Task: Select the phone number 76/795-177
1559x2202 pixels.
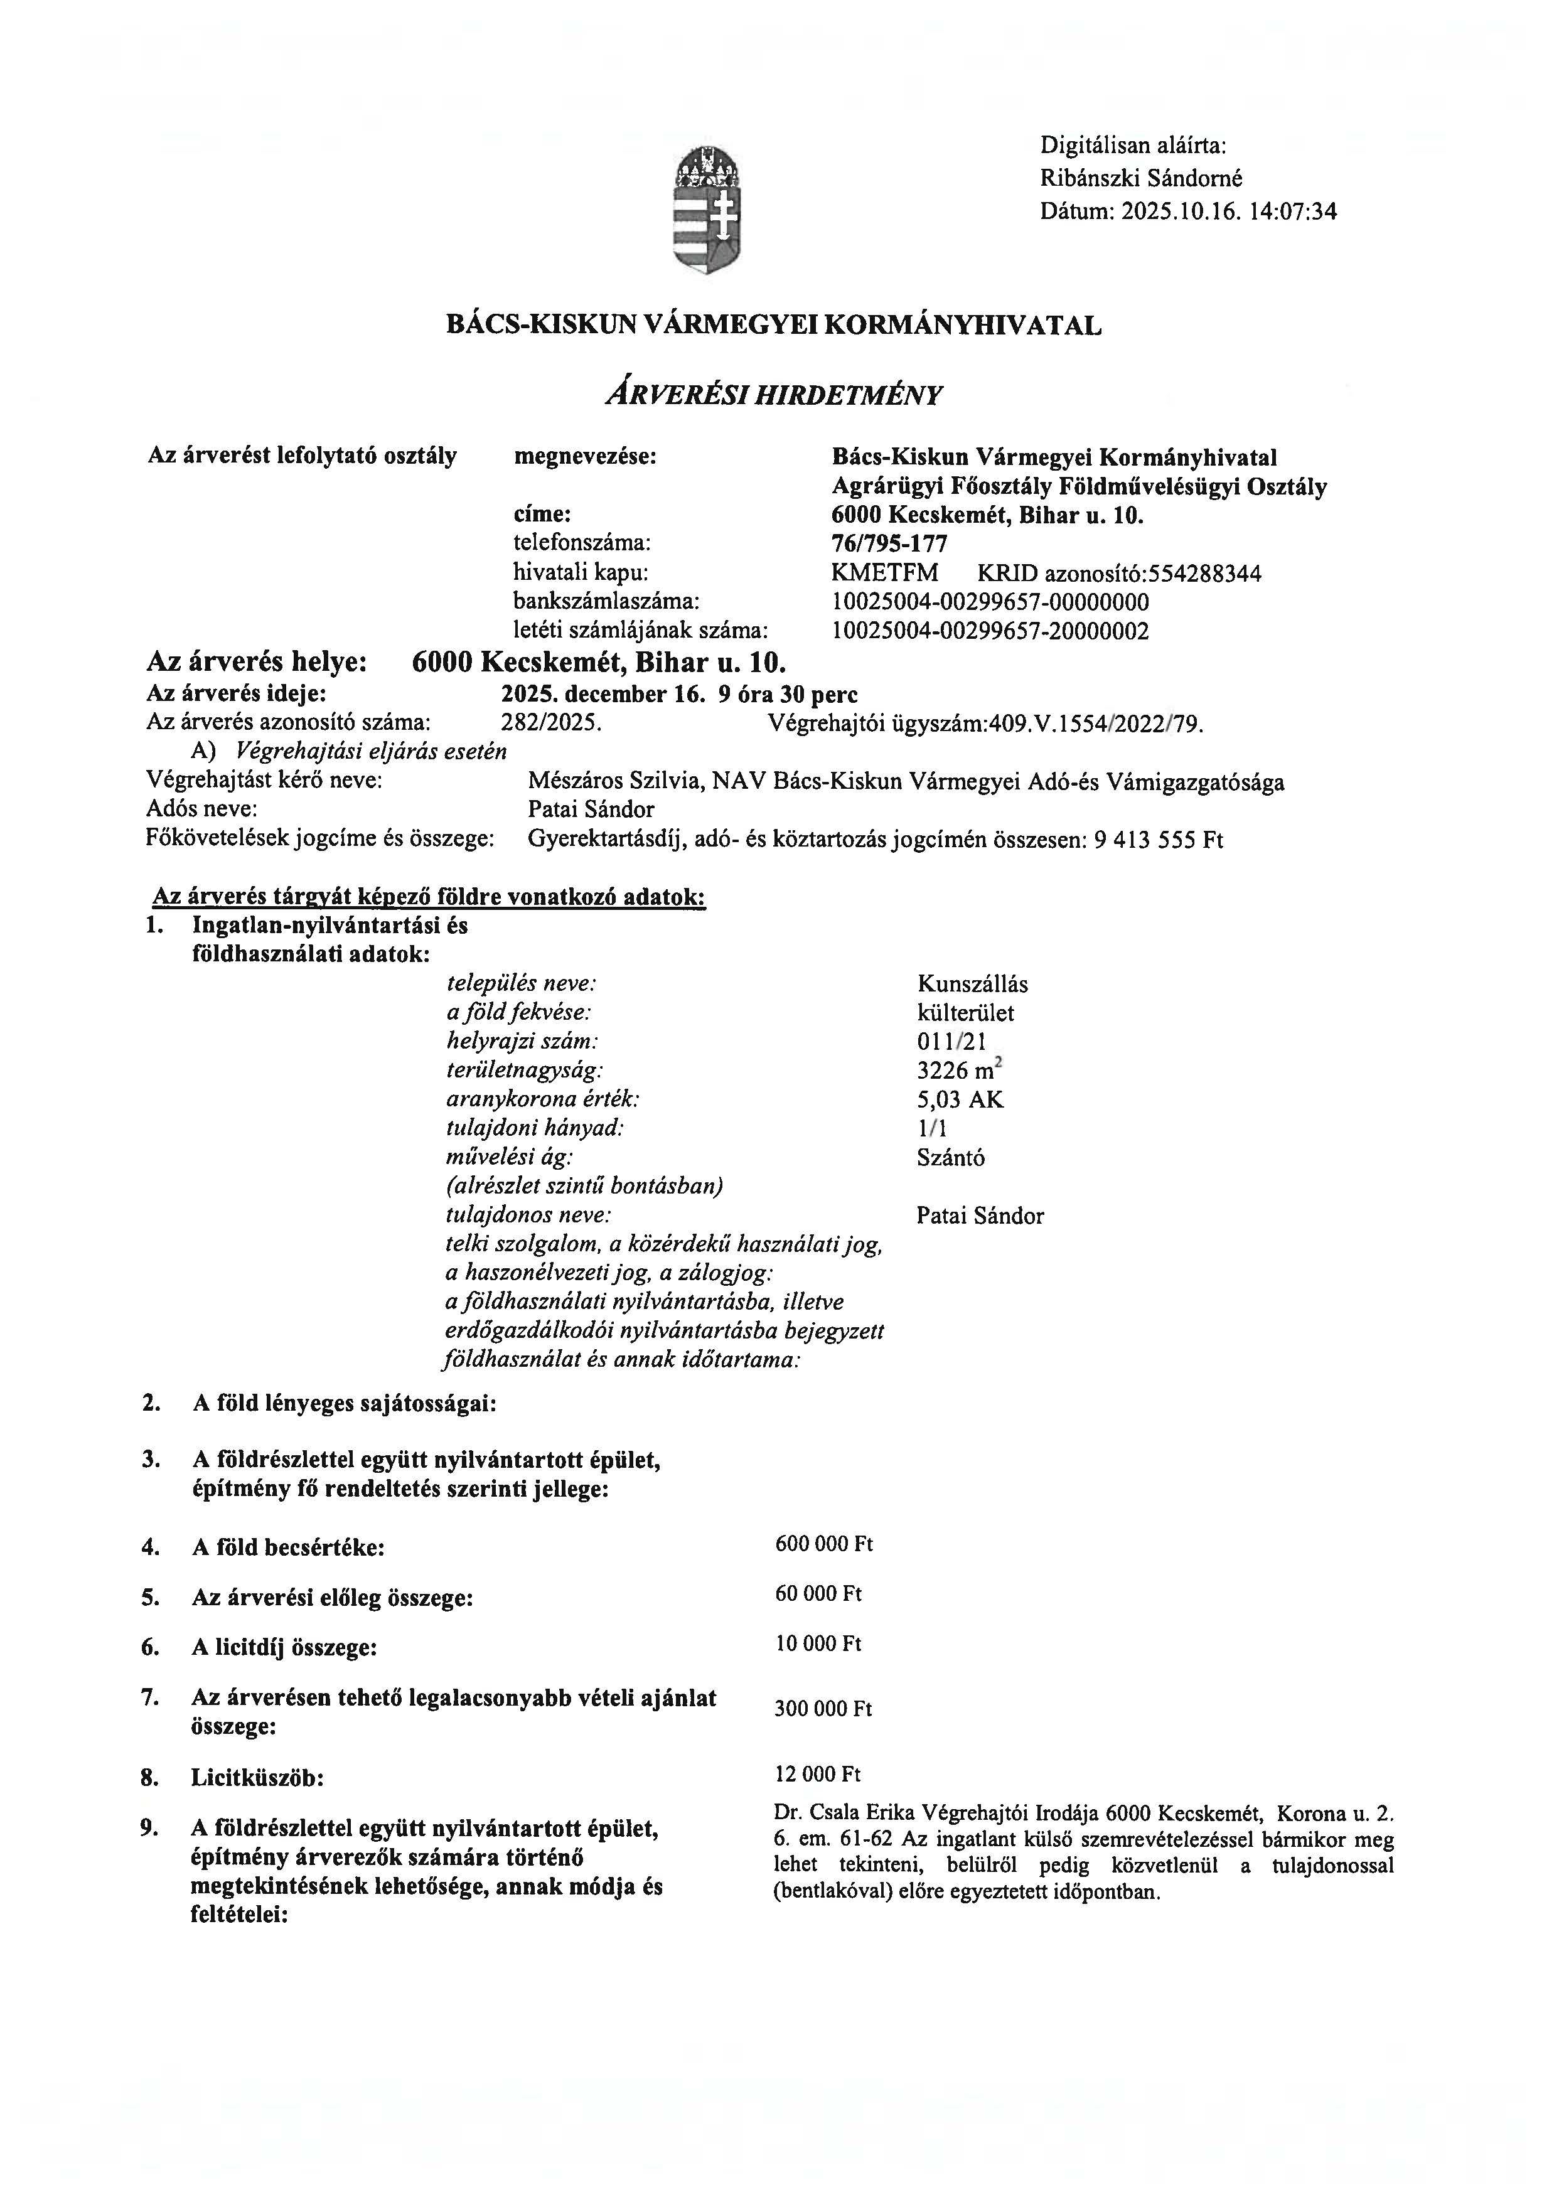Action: pyautogui.click(x=890, y=544)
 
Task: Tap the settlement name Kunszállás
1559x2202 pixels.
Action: pyautogui.click(x=972, y=984)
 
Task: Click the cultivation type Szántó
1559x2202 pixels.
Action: pyautogui.click(x=950, y=1158)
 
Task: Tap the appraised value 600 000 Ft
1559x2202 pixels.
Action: pyautogui.click(x=823, y=1544)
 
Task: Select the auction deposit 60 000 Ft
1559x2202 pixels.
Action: pyautogui.click(x=818, y=1595)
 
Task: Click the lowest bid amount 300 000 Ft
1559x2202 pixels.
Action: pyautogui.click(x=823, y=1709)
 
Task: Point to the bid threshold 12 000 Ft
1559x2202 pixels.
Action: pyautogui.click(x=818, y=1774)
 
